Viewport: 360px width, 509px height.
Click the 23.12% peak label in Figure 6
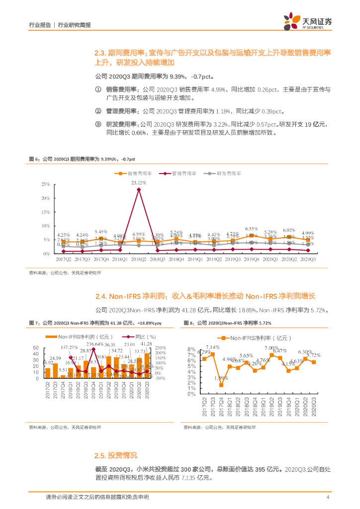(138, 183)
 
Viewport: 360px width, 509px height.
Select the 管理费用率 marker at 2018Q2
(138, 189)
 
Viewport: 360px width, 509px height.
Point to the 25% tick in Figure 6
(45, 184)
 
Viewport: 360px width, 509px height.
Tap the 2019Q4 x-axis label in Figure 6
(252, 259)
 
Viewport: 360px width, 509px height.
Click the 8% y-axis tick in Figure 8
(191, 349)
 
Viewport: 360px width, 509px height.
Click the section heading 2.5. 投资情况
(115, 455)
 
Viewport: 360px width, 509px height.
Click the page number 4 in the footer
(328, 498)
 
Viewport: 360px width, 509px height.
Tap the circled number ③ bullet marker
(97, 124)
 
